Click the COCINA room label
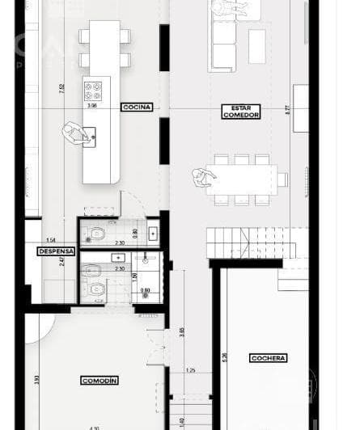point(136,107)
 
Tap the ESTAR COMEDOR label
point(241,112)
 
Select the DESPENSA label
point(57,251)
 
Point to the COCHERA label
point(269,357)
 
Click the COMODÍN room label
point(100,380)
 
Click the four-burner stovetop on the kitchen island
point(94,88)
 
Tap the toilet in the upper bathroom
point(96,234)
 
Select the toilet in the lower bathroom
point(96,288)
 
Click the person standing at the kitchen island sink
point(77,133)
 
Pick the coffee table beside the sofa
point(257,46)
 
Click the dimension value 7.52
point(62,90)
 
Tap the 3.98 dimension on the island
point(91,104)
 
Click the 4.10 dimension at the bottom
point(95,428)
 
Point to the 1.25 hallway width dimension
point(190,370)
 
